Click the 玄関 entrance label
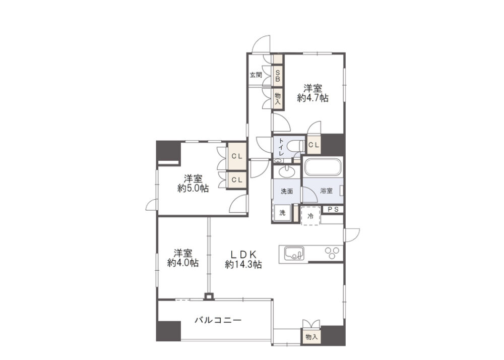[256, 75]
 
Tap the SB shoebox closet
[278, 75]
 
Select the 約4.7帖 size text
[313, 98]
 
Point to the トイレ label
[281, 147]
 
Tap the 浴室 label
[326, 191]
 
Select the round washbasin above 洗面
[287, 172]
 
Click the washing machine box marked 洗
[282, 213]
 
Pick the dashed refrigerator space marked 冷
[311, 216]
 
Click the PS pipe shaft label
[333, 210]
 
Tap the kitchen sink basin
[294, 253]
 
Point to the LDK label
[243, 255]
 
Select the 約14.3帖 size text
[243, 265]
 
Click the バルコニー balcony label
[218, 321]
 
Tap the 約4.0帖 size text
[183, 263]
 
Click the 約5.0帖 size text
[193, 188]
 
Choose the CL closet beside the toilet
[313, 145]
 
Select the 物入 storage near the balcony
[311, 337]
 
